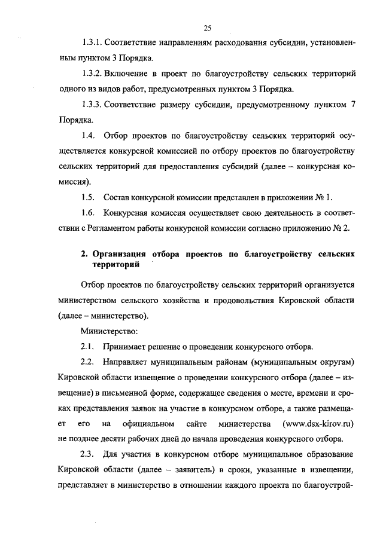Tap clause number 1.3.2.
[93, 74]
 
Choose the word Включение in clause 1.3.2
[130, 74]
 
